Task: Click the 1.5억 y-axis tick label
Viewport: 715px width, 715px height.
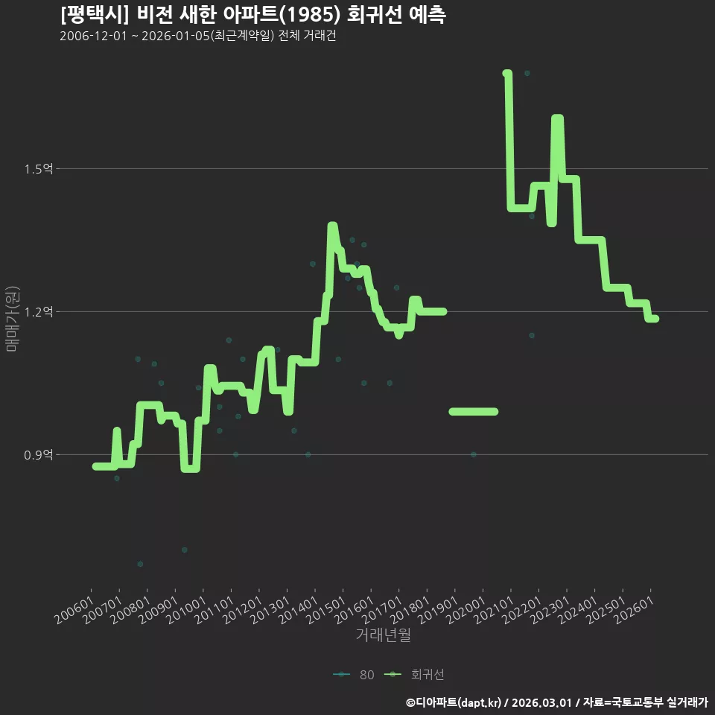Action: [39, 169]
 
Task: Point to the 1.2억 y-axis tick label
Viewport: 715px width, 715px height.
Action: [39, 312]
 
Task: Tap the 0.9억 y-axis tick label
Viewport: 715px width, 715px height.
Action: [39, 454]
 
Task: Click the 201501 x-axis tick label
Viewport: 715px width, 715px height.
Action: [326, 610]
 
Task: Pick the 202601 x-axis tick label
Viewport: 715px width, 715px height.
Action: [634, 610]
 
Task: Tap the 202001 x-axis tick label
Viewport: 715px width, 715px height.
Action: [466, 610]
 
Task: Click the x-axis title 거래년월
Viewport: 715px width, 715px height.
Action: [383, 635]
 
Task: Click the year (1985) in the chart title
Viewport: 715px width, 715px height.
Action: [310, 15]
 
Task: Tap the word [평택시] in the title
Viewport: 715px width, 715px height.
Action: [95, 15]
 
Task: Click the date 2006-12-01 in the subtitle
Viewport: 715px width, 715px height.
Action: [94, 36]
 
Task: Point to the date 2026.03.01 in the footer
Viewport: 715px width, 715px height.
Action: [541, 702]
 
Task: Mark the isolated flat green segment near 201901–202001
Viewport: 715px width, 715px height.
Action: [474, 411]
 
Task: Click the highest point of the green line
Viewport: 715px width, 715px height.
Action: [507, 73]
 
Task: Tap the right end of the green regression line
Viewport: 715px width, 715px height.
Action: [655, 319]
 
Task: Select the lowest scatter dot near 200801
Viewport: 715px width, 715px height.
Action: [140, 564]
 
